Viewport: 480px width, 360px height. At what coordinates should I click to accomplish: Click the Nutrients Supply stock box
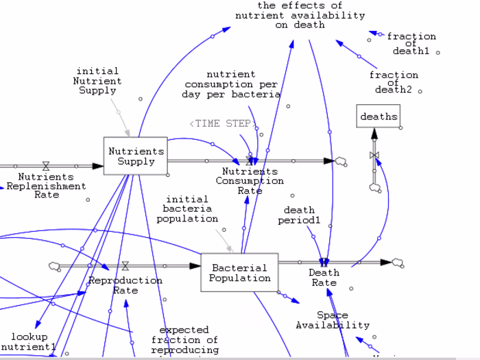pyautogui.click(x=136, y=156)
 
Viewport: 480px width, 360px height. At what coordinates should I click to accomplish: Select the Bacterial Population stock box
pyautogui.click(x=239, y=272)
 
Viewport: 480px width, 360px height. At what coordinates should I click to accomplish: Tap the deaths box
pyautogui.click(x=379, y=117)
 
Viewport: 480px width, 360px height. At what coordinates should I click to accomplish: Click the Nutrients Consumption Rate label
pyautogui.click(x=250, y=181)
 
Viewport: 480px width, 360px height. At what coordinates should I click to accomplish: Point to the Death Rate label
pyautogui.click(x=324, y=278)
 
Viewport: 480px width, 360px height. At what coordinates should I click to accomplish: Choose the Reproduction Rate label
pyautogui.click(x=125, y=285)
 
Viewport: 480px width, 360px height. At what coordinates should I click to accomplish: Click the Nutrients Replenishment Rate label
pyautogui.click(x=46, y=185)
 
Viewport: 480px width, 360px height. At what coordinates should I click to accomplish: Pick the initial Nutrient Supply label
pyautogui.click(x=97, y=80)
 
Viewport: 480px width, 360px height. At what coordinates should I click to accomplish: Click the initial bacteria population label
pyautogui.click(x=187, y=208)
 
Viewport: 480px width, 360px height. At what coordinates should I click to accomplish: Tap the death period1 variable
pyautogui.click(x=299, y=215)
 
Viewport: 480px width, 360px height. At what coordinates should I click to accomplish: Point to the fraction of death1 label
pyautogui.click(x=411, y=44)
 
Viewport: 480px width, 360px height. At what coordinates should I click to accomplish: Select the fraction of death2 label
pyautogui.click(x=394, y=82)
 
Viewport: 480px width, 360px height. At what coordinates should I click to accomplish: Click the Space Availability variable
pyautogui.click(x=333, y=320)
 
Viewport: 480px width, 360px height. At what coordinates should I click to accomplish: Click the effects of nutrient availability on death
pyautogui.click(x=300, y=15)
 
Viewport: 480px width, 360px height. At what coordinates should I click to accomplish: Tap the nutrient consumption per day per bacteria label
pyautogui.click(x=231, y=84)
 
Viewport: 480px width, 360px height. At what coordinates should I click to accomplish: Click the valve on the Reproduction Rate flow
pyautogui.click(x=125, y=266)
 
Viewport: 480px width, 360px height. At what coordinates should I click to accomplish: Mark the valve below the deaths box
pyautogui.click(x=374, y=156)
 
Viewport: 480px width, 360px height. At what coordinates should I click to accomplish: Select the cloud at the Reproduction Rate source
pyautogui.click(x=55, y=266)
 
